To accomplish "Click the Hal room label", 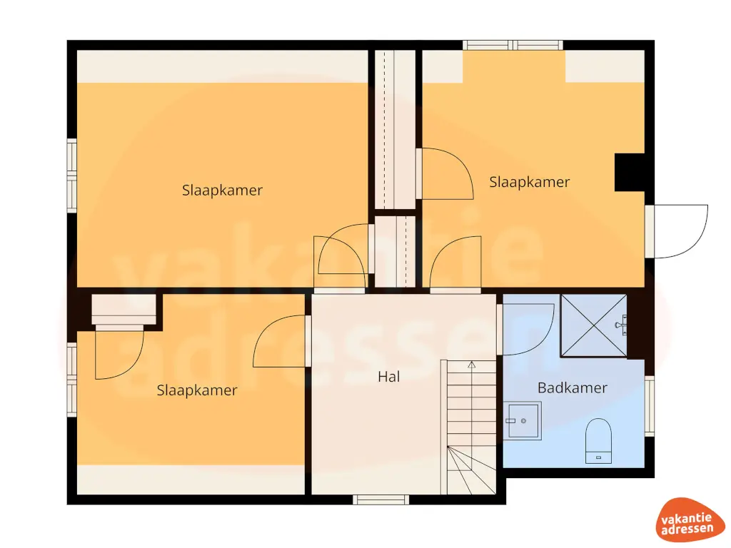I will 389,377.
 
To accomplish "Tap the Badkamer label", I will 573,388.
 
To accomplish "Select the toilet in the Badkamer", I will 599,441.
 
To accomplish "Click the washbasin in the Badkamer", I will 522,421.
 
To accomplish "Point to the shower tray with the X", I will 593,325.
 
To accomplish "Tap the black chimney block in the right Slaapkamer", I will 630,173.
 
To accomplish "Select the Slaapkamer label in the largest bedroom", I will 222,191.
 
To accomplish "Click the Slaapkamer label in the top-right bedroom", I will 530,182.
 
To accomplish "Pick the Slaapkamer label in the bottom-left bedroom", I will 197,390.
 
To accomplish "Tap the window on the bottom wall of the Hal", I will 382,499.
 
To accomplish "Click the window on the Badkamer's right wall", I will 649,405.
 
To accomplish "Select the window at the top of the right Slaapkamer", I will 513,45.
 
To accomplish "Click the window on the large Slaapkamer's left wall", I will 71,175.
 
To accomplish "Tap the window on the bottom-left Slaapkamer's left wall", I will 71,380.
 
